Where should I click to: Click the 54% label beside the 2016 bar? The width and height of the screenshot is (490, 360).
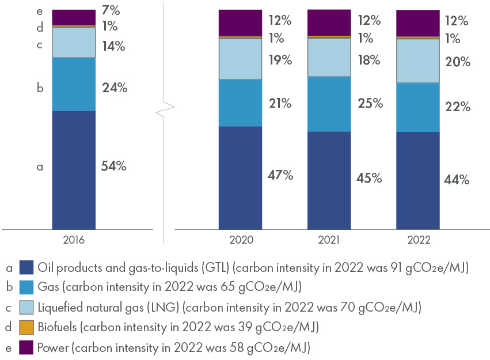(113, 166)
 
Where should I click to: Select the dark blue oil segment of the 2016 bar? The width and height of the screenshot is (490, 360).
(74, 170)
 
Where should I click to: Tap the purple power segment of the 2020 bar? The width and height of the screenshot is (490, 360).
(240, 22)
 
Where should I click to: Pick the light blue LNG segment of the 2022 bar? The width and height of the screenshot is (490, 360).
(418, 60)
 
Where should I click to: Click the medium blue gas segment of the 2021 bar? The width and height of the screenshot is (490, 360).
(329, 104)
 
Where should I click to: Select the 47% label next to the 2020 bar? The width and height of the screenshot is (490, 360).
(280, 175)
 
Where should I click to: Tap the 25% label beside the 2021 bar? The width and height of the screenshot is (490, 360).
(370, 104)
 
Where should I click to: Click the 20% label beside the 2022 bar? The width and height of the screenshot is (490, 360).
(458, 62)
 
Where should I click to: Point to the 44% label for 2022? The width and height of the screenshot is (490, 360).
(458, 179)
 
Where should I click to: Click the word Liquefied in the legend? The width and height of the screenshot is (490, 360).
(60, 308)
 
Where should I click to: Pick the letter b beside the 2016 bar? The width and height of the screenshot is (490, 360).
(40, 88)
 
